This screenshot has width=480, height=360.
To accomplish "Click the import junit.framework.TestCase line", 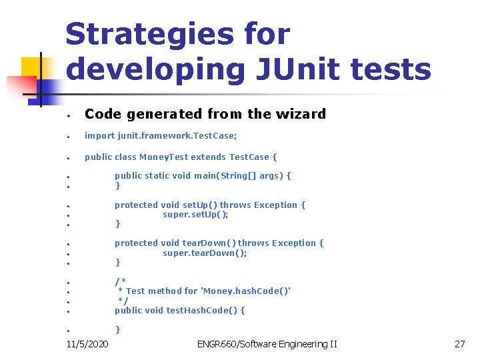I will tap(161, 135).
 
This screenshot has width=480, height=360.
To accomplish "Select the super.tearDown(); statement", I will tap(205, 253).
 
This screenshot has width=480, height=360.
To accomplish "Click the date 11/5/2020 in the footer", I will tap(89, 344).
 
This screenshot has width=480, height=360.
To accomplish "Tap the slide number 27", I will tap(459, 344).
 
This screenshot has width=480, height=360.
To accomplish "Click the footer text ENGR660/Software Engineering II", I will tap(267, 344).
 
